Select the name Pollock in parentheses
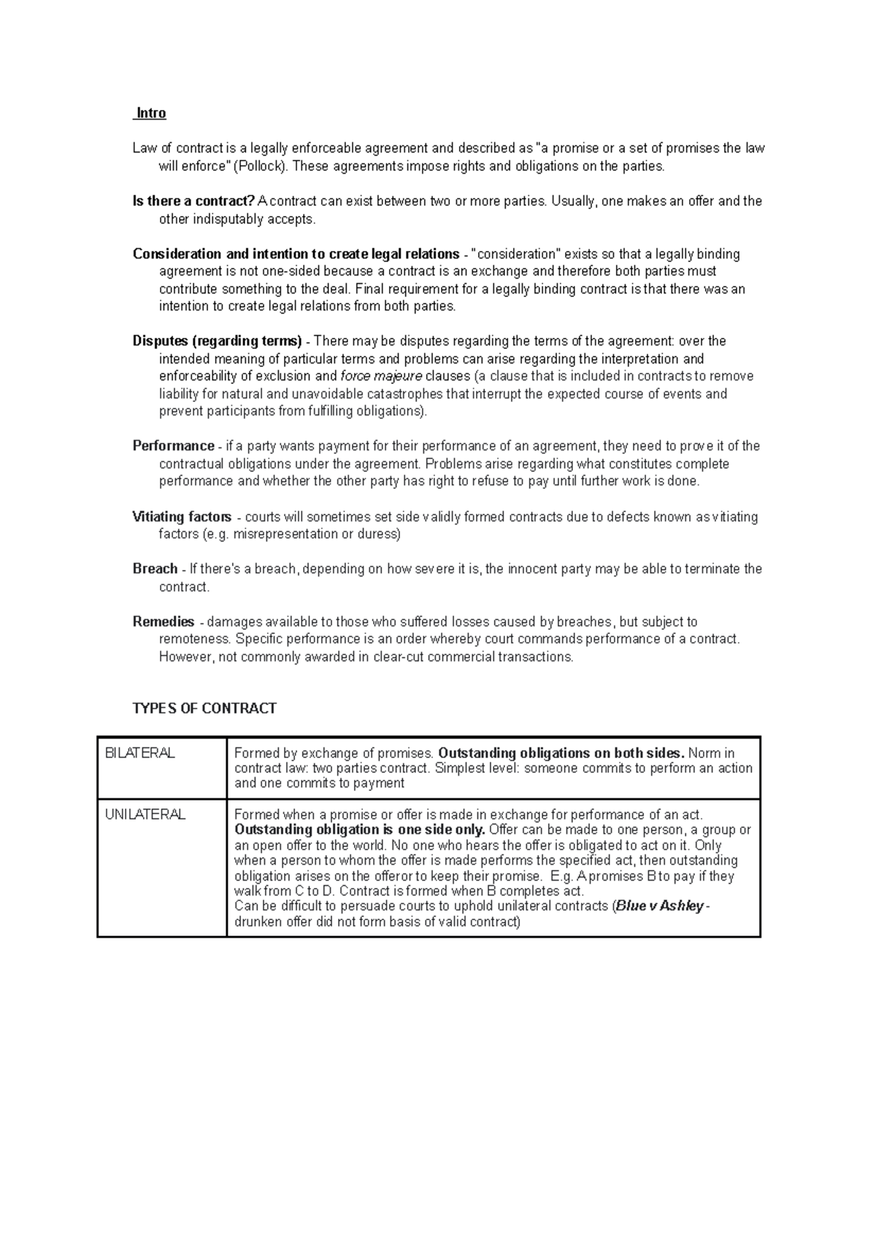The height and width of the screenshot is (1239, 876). point(261,166)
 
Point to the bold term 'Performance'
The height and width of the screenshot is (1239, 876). point(173,446)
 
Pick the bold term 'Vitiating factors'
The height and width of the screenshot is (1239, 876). point(182,517)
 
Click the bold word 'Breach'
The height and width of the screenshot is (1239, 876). point(155,568)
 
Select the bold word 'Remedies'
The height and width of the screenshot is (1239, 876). point(164,622)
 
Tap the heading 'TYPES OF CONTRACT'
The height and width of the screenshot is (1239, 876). point(204,709)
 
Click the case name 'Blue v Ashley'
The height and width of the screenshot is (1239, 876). point(660,906)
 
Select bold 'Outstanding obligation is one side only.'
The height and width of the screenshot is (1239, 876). point(360,830)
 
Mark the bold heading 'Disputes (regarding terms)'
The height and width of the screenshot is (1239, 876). point(217,341)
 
